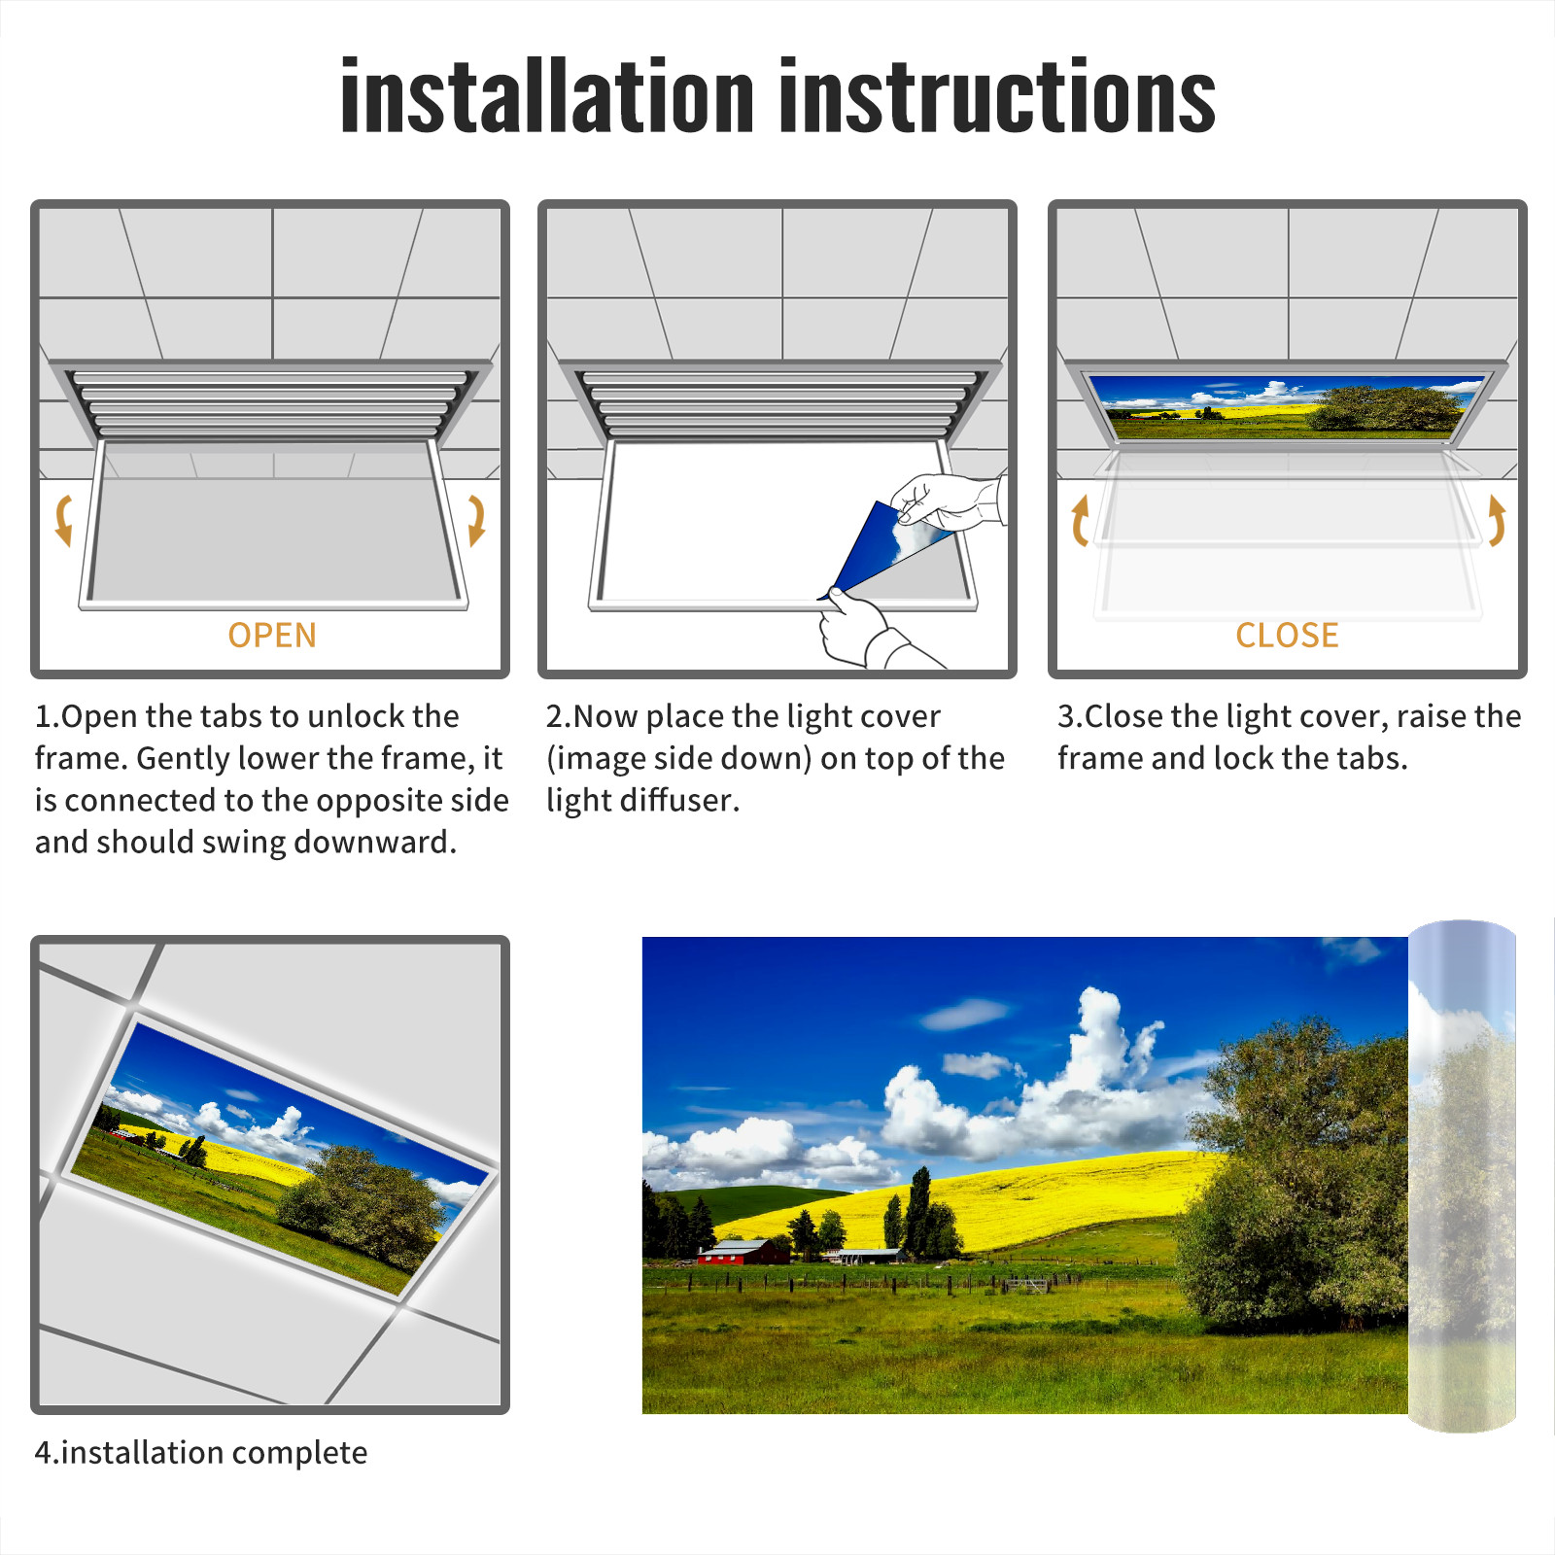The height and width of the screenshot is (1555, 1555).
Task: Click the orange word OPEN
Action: tap(272, 636)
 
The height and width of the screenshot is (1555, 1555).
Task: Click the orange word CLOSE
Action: tap(1287, 636)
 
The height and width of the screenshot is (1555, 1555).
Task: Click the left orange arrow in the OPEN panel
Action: tap(63, 520)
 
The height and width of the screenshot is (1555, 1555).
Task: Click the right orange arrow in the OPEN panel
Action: tap(476, 520)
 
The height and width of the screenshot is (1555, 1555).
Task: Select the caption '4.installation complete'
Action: tap(201, 1453)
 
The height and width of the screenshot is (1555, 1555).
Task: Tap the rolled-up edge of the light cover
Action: tap(1462, 1176)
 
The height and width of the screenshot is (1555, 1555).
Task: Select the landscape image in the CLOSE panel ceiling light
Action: tap(1287, 407)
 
